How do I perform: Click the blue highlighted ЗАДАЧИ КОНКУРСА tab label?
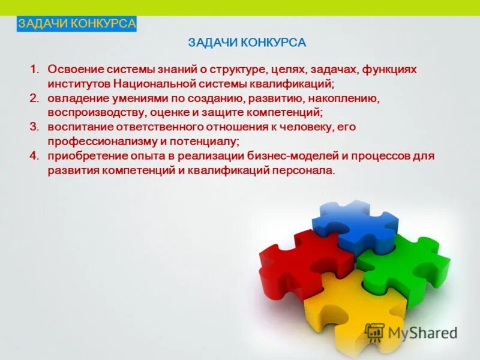[77, 24]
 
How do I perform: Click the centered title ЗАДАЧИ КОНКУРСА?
[247, 43]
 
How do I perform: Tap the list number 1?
[34, 69]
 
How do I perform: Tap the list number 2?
[34, 98]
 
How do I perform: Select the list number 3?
[34, 127]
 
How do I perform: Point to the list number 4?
[34, 155]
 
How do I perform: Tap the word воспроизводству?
[89, 112]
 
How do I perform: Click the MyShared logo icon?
[374, 332]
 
